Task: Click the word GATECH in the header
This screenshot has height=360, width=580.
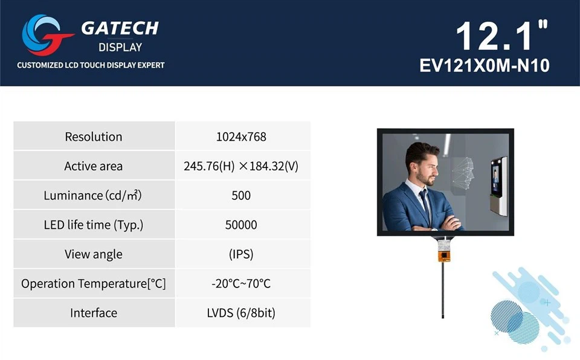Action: (x=120, y=28)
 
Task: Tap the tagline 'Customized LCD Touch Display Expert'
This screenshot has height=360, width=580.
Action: (x=91, y=65)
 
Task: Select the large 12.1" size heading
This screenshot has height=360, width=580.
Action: (x=502, y=36)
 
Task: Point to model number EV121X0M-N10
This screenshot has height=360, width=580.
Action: (x=485, y=65)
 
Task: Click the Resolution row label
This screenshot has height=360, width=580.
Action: (x=94, y=137)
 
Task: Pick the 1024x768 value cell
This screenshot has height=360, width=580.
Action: (x=241, y=137)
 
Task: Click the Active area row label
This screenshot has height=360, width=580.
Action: (x=94, y=166)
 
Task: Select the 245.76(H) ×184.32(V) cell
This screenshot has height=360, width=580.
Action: (x=241, y=166)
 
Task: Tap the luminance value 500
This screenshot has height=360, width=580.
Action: (x=241, y=196)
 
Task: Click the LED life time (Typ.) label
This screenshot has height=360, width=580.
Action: (x=94, y=225)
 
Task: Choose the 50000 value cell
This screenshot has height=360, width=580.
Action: (x=241, y=225)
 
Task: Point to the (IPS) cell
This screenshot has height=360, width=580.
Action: (x=241, y=254)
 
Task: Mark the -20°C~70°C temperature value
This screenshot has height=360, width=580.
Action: (x=241, y=283)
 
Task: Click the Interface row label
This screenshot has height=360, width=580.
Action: (x=94, y=313)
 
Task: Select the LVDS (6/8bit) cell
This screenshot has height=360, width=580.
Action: (x=241, y=313)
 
